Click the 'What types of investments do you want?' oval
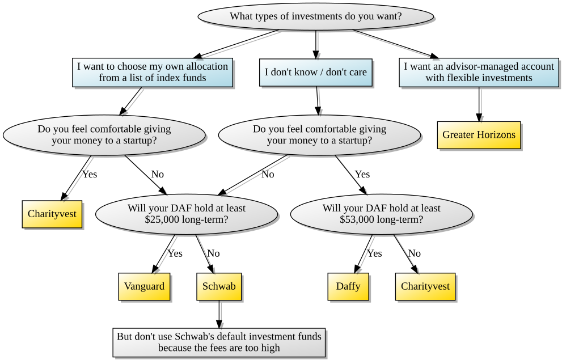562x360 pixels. click(316, 16)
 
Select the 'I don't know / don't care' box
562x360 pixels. click(316, 73)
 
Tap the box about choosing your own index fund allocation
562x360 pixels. click(153, 73)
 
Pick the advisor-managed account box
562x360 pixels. click(479, 73)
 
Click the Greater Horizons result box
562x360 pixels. click(479, 135)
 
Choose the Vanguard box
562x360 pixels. click(145, 286)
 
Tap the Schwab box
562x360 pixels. click(219, 286)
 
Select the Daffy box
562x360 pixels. click(348, 286)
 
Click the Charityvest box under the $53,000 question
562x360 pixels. click(425, 286)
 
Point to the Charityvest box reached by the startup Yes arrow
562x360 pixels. click(52, 214)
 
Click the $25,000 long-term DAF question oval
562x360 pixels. click(187, 214)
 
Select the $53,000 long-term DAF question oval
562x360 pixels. click(381, 214)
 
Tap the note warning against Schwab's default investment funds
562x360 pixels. click(219, 342)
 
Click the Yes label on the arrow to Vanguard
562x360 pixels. click(175, 253)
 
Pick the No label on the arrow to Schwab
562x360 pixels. click(213, 253)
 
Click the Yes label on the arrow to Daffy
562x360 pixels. click(374, 253)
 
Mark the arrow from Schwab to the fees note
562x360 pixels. click(219, 314)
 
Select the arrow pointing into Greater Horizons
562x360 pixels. click(479, 104)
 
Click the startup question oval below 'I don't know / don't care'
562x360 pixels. click(319, 135)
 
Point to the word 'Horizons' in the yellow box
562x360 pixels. click(497, 135)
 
